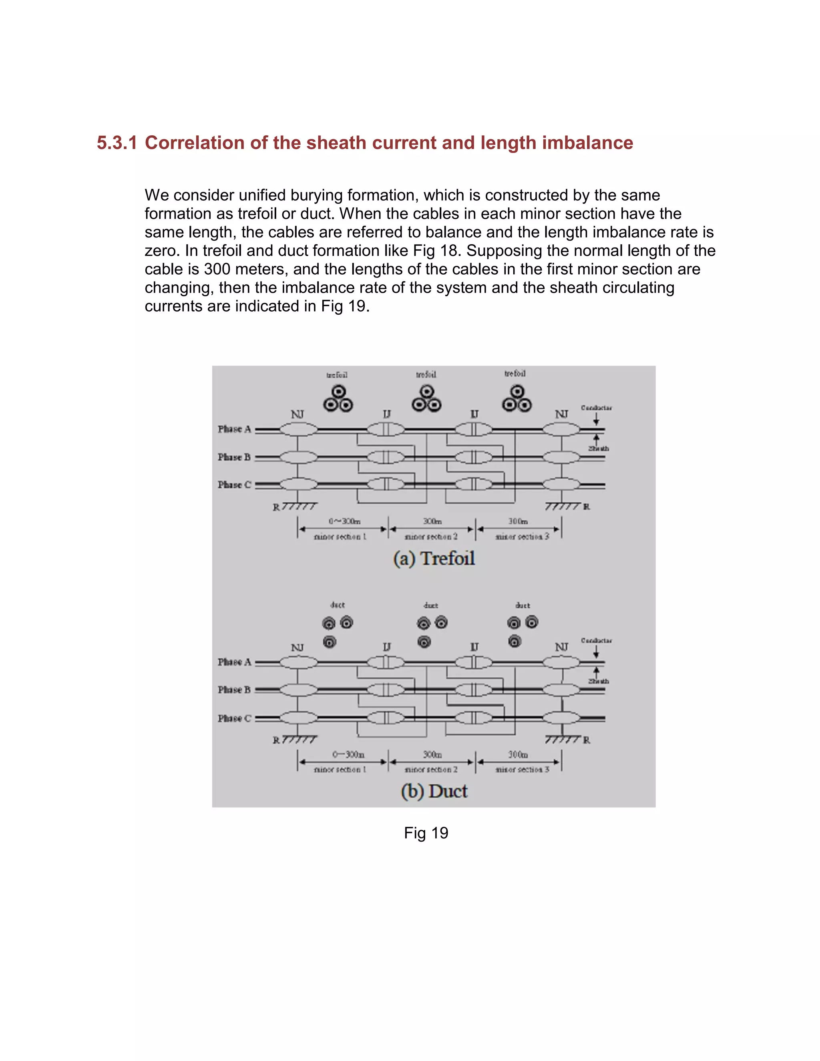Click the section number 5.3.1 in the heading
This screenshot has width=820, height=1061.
117,143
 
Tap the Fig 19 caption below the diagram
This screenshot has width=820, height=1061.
426,833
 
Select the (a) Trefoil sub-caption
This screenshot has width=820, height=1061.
434,558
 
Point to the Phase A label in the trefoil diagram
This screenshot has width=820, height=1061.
234,429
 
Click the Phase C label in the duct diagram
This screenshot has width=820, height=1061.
234,718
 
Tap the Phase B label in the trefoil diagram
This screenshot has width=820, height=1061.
234,457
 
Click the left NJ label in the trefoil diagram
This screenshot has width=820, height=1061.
297,414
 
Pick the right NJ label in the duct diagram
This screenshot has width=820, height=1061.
562,647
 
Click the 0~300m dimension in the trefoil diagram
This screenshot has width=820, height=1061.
344,521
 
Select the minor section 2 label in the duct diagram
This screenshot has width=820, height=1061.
431,770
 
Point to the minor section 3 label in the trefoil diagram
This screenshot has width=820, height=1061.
522,537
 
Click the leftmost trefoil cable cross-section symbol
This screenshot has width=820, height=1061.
338,399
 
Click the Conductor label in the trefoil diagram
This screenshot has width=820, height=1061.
596,408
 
